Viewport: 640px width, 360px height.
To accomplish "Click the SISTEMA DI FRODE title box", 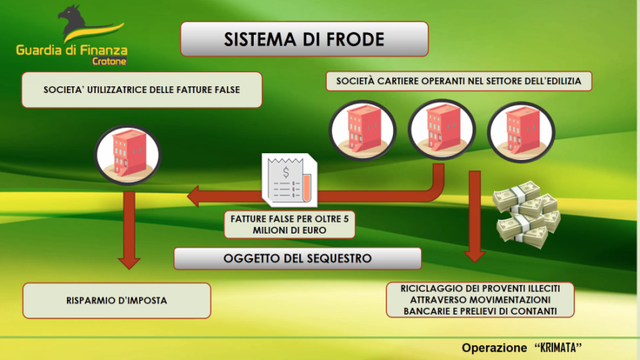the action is [x=304, y=39].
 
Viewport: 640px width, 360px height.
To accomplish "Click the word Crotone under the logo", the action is [x=109, y=61].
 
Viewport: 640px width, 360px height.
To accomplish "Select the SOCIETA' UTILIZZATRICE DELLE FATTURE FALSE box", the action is [x=141, y=90].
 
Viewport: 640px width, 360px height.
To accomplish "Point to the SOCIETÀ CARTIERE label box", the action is [x=458, y=81].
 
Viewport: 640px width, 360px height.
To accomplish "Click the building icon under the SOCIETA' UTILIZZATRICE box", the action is [x=128, y=155].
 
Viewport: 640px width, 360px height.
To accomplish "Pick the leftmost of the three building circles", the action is [x=362, y=130].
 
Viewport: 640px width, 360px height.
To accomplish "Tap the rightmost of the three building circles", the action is [x=521, y=132].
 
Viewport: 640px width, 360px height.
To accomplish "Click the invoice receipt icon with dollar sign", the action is [x=289, y=179].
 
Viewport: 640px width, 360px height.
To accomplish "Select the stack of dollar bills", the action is [x=527, y=215].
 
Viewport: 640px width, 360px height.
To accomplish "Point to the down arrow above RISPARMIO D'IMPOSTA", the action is [x=129, y=230].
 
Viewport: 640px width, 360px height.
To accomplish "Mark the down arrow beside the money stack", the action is [x=475, y=216].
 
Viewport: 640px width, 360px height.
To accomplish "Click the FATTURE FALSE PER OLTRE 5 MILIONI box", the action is [x=289, y=225].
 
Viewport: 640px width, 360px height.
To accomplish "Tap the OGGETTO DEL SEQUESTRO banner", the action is [x=298, y=258].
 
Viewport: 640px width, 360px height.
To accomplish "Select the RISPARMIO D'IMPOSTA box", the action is [x=117, y=300].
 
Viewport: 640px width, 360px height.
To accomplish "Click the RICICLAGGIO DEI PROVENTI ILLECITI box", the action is [x=480, y=300].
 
